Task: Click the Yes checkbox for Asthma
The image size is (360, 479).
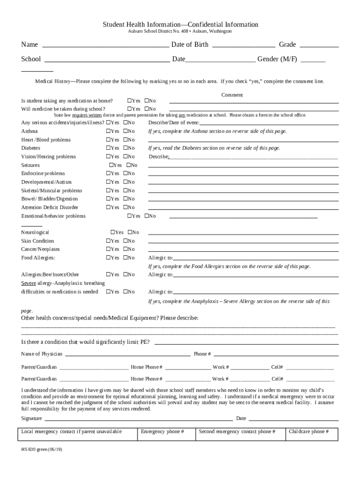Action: [x=108, y=131]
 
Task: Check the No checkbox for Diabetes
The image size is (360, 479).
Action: [x=125, y=148]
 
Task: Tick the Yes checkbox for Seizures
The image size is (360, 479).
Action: [x=111, y=165]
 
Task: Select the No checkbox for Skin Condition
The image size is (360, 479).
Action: [x=125, y=241]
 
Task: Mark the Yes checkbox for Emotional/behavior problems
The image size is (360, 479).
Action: [x=130, y=216]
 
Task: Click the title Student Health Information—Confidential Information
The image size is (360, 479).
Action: [x=180, y=24]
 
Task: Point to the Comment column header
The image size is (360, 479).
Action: [x=232, y=95]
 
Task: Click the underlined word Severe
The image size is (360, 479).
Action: [x=29, y=283]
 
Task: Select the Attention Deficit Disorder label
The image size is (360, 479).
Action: [x=50, y=207]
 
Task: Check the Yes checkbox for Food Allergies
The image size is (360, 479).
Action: [x=108, y=258]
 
